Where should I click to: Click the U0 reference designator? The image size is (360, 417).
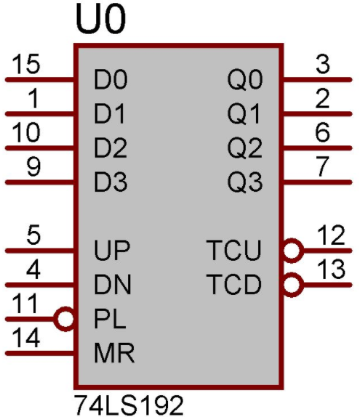(x=100, y=19)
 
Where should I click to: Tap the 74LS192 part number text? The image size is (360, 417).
(x=129, y=405)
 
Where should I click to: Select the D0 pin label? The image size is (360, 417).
(x=111, y=79)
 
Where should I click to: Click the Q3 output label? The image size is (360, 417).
(x=245, y=182)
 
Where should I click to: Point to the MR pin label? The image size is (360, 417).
(x=114, y=353)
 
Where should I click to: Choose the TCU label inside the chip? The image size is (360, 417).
(x=234, y=250)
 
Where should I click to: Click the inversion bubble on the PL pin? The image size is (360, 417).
(x=64, y=319)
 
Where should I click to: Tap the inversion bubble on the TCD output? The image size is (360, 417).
(x=292, y=285)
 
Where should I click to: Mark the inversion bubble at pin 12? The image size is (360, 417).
(x=292, y=251)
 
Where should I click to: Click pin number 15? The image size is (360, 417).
(x=27, y=64)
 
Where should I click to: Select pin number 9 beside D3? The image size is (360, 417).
(x=33, y=166)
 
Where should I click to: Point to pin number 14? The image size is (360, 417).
(x=27, y=338)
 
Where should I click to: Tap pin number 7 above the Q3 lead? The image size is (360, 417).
(x=322, y=166)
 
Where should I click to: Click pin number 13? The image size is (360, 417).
(x=331, y=270)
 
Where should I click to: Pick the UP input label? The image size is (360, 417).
(x=112, y=250)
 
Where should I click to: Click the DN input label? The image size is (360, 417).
(x=113, y=284)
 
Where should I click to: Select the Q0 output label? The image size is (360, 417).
(x=245, y=79)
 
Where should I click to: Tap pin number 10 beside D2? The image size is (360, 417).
(x=27, y=132)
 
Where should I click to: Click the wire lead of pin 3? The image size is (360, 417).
(x=317, y=79)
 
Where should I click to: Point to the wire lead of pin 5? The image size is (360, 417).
(x=40, y=251)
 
